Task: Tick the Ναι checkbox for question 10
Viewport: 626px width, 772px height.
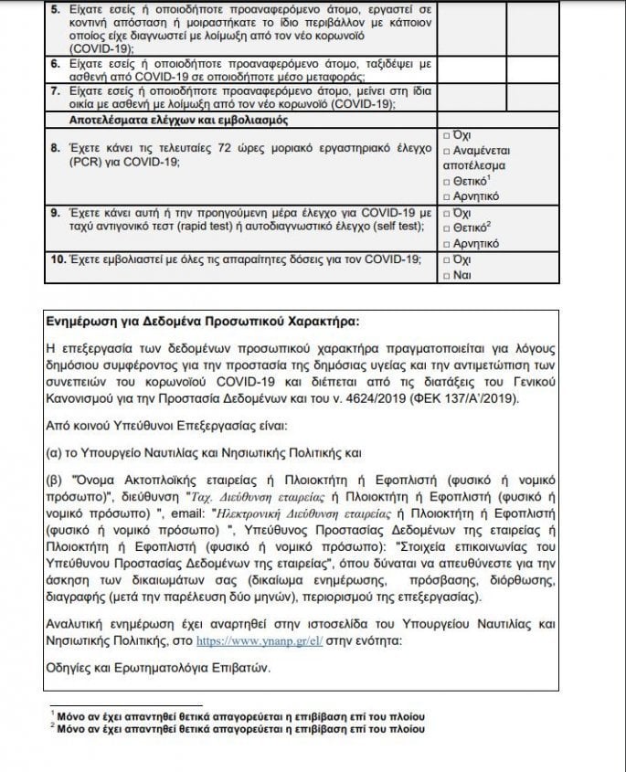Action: coord(445,274)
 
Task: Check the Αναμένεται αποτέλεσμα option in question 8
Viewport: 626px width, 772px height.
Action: coord(445,152)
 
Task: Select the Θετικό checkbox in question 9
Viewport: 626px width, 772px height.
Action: coord(445,227)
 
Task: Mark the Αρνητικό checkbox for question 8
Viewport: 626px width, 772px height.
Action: coord(445,196)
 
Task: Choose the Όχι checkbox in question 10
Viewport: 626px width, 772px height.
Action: coord(445,259)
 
